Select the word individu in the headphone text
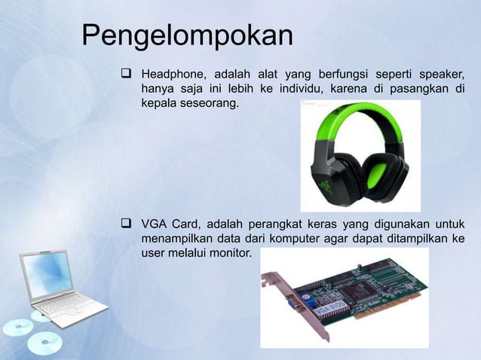pos(280,91)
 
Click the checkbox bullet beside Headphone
pos(126,75)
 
